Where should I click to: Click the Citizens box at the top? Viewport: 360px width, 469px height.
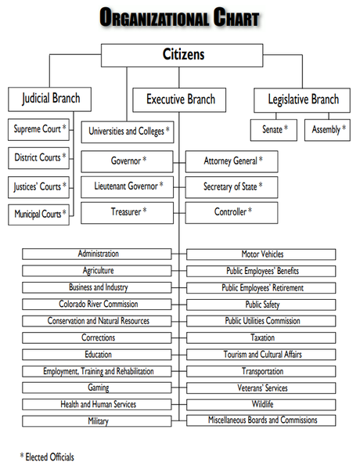[182, 56]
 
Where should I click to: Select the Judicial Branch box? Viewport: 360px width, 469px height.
[49, 99]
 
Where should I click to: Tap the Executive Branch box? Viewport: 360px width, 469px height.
[179, 100]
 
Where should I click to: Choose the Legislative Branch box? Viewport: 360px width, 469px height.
[302, 100]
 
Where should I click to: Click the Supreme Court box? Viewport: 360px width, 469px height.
[38, 129]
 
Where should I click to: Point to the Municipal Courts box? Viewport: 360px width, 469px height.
[38, 215]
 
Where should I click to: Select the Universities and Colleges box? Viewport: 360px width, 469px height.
[128, 132]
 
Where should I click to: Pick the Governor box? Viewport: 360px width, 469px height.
[127, 161]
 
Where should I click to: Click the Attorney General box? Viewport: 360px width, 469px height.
[232, 161]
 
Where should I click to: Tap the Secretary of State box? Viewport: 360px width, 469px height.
[232, 187]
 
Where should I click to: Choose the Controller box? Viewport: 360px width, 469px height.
[232, 213]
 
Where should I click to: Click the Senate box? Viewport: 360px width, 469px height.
[274, 130]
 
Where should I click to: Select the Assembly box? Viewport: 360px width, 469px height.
[327, 130]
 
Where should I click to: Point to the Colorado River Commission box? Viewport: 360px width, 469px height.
[97, 305]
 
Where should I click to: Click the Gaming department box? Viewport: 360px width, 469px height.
[97, 388]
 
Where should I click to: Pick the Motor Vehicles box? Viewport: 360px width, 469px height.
[261, 254]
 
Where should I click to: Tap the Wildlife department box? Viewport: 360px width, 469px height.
[261, 404]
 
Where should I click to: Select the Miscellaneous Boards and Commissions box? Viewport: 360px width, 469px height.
[261, 420]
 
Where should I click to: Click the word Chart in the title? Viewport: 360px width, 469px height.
[236, 17]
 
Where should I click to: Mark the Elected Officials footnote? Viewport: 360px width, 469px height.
[47, 457]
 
